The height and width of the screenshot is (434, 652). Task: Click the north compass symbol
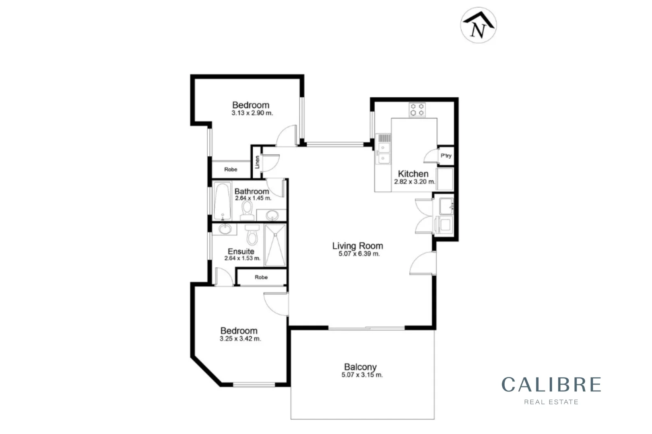(x=478, y=25)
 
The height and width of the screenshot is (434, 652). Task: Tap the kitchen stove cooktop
(x=417, y=110)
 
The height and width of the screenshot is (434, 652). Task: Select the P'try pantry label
(x=446, y=156)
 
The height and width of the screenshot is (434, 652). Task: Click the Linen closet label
(x=257, y=162)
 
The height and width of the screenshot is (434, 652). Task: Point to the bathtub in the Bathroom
(x=222, y=201)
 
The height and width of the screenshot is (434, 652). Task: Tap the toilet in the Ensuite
(x=252, y=235)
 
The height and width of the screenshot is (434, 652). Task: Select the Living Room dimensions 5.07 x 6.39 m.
(x=359, y=254)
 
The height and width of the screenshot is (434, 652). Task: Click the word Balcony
(x=360, y=366)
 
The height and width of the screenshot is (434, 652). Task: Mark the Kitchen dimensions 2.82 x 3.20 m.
(x=414, y=182)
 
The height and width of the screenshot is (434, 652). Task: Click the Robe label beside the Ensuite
(x=261, y=277)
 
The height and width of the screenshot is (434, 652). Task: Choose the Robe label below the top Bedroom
(x=231, y=170)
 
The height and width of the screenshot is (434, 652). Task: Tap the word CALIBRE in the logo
(x=551, y=385)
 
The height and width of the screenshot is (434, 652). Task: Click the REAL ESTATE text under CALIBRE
(x=551, y=402)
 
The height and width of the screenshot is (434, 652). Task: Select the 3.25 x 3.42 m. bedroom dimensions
(x=240, y=339)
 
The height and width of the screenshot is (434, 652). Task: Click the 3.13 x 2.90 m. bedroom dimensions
(x=252, y=113)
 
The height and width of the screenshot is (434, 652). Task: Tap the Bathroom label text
(x=252, y=191)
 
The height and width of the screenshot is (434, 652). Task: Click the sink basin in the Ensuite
(x=225, y=229)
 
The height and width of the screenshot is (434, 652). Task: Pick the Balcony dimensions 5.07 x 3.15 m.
(x=362, y=375)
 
